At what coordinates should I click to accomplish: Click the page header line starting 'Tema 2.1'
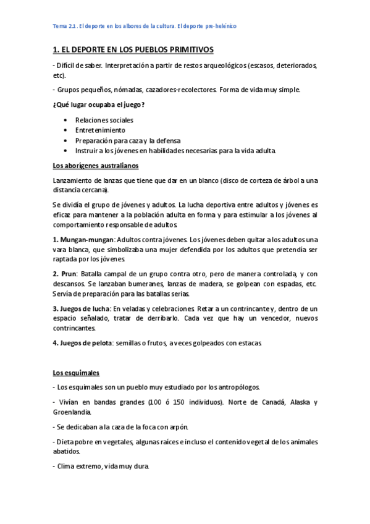[145, 27]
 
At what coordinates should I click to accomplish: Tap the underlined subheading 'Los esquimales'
[77, 373]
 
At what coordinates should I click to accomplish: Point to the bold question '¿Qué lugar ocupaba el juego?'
[99, 104]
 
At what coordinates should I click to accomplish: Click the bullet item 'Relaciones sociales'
[104, 120]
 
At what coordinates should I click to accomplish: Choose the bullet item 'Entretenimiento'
[100, 130]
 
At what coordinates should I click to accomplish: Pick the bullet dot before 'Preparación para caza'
[65, 140]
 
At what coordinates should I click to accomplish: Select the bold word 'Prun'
[69, 274]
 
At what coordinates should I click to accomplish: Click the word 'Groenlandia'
[72, 412]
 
